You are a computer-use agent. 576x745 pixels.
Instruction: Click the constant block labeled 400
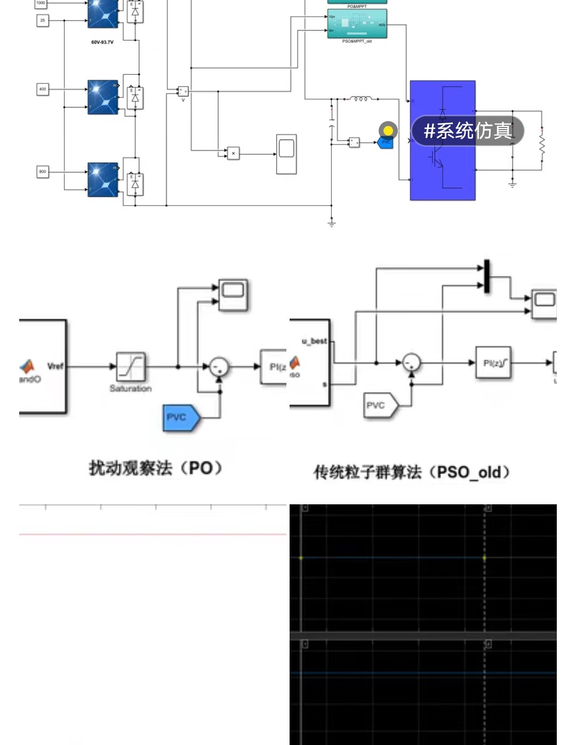43,89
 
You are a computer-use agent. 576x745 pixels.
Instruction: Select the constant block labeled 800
43,171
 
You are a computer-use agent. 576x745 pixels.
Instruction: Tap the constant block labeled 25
43,20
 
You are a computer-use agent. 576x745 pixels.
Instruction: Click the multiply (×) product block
233,153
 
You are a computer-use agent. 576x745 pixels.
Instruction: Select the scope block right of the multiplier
286,154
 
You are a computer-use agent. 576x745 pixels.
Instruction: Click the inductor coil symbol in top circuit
361,99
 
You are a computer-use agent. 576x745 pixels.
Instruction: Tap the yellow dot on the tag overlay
388,130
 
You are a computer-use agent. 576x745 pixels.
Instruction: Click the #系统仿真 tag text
468,131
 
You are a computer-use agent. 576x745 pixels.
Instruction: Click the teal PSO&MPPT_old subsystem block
357,24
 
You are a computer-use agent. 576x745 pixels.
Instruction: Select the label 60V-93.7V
102,42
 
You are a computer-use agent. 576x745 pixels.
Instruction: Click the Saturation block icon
131,367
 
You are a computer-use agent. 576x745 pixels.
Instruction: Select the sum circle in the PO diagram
219,367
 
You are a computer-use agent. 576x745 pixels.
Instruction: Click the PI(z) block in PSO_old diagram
493,363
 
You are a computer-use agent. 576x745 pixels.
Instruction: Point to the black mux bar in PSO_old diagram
486,276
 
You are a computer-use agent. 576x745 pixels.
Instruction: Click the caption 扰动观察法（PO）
155,468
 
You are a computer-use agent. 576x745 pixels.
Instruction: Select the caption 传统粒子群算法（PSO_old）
411,472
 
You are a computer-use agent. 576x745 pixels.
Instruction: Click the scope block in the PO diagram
233,294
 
